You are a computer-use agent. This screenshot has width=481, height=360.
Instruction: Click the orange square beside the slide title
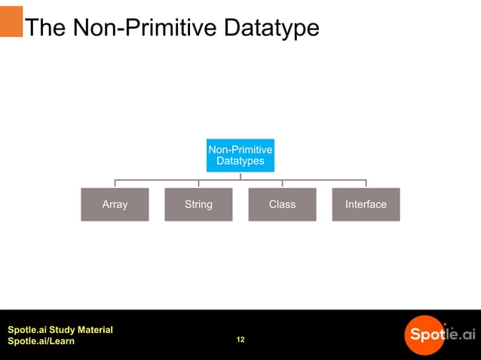tap(11, 22)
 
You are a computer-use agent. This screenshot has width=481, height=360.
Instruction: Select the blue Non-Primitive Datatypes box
tap(240, 155)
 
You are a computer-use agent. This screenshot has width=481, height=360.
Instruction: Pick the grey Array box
tap(115, 204)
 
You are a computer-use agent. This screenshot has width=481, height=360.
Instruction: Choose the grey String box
tap(198, 204)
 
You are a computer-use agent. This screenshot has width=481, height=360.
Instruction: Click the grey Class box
tap(282, 204)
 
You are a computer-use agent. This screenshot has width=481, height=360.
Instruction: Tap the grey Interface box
tap(366, 204)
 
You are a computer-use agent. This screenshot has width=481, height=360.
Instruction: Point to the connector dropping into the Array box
tap(115, 183)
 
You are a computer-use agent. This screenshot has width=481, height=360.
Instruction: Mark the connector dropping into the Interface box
tap(366, 183)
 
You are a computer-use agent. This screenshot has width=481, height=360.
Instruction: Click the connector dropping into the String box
tap(198, 183)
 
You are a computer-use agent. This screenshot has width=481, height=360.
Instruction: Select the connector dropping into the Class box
tap(282, 183)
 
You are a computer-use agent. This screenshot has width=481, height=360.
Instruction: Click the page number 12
tap(240, 340)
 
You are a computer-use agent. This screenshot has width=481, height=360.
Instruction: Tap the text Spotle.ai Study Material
tap(60, 330)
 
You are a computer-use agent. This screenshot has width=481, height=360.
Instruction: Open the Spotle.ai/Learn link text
tap(41, 342)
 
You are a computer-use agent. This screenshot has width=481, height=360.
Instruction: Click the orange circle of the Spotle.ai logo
tap(424, 334)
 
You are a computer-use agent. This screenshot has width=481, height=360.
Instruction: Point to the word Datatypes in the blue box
tap(240, 161)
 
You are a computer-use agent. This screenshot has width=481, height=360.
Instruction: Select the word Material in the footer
tap(93, 330)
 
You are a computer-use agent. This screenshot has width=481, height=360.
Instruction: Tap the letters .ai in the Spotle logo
tap(464, 333)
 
